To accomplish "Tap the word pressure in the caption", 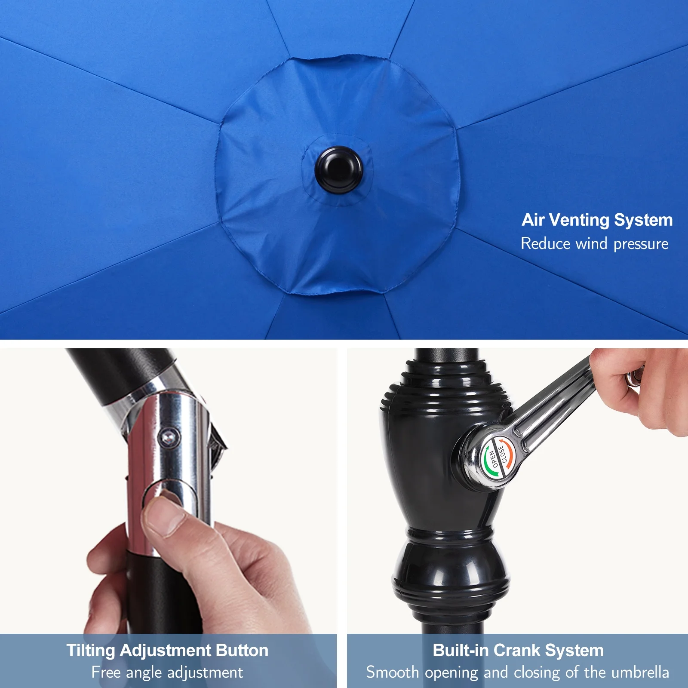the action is pyautogui.click(x=641, y=244).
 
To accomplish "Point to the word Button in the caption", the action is pyautogui.click(x=242, y=650).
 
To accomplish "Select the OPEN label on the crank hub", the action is pyautogui.click(x=494, y=458).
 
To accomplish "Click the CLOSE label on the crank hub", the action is pyautogui.click(x=503, y=454).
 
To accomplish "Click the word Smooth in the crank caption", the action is pyautogui.click(x=393, y=672).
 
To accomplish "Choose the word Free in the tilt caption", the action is pyautogui.click(x=106, y=672).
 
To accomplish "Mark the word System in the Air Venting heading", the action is pyautogui.click(x=643, y=221).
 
